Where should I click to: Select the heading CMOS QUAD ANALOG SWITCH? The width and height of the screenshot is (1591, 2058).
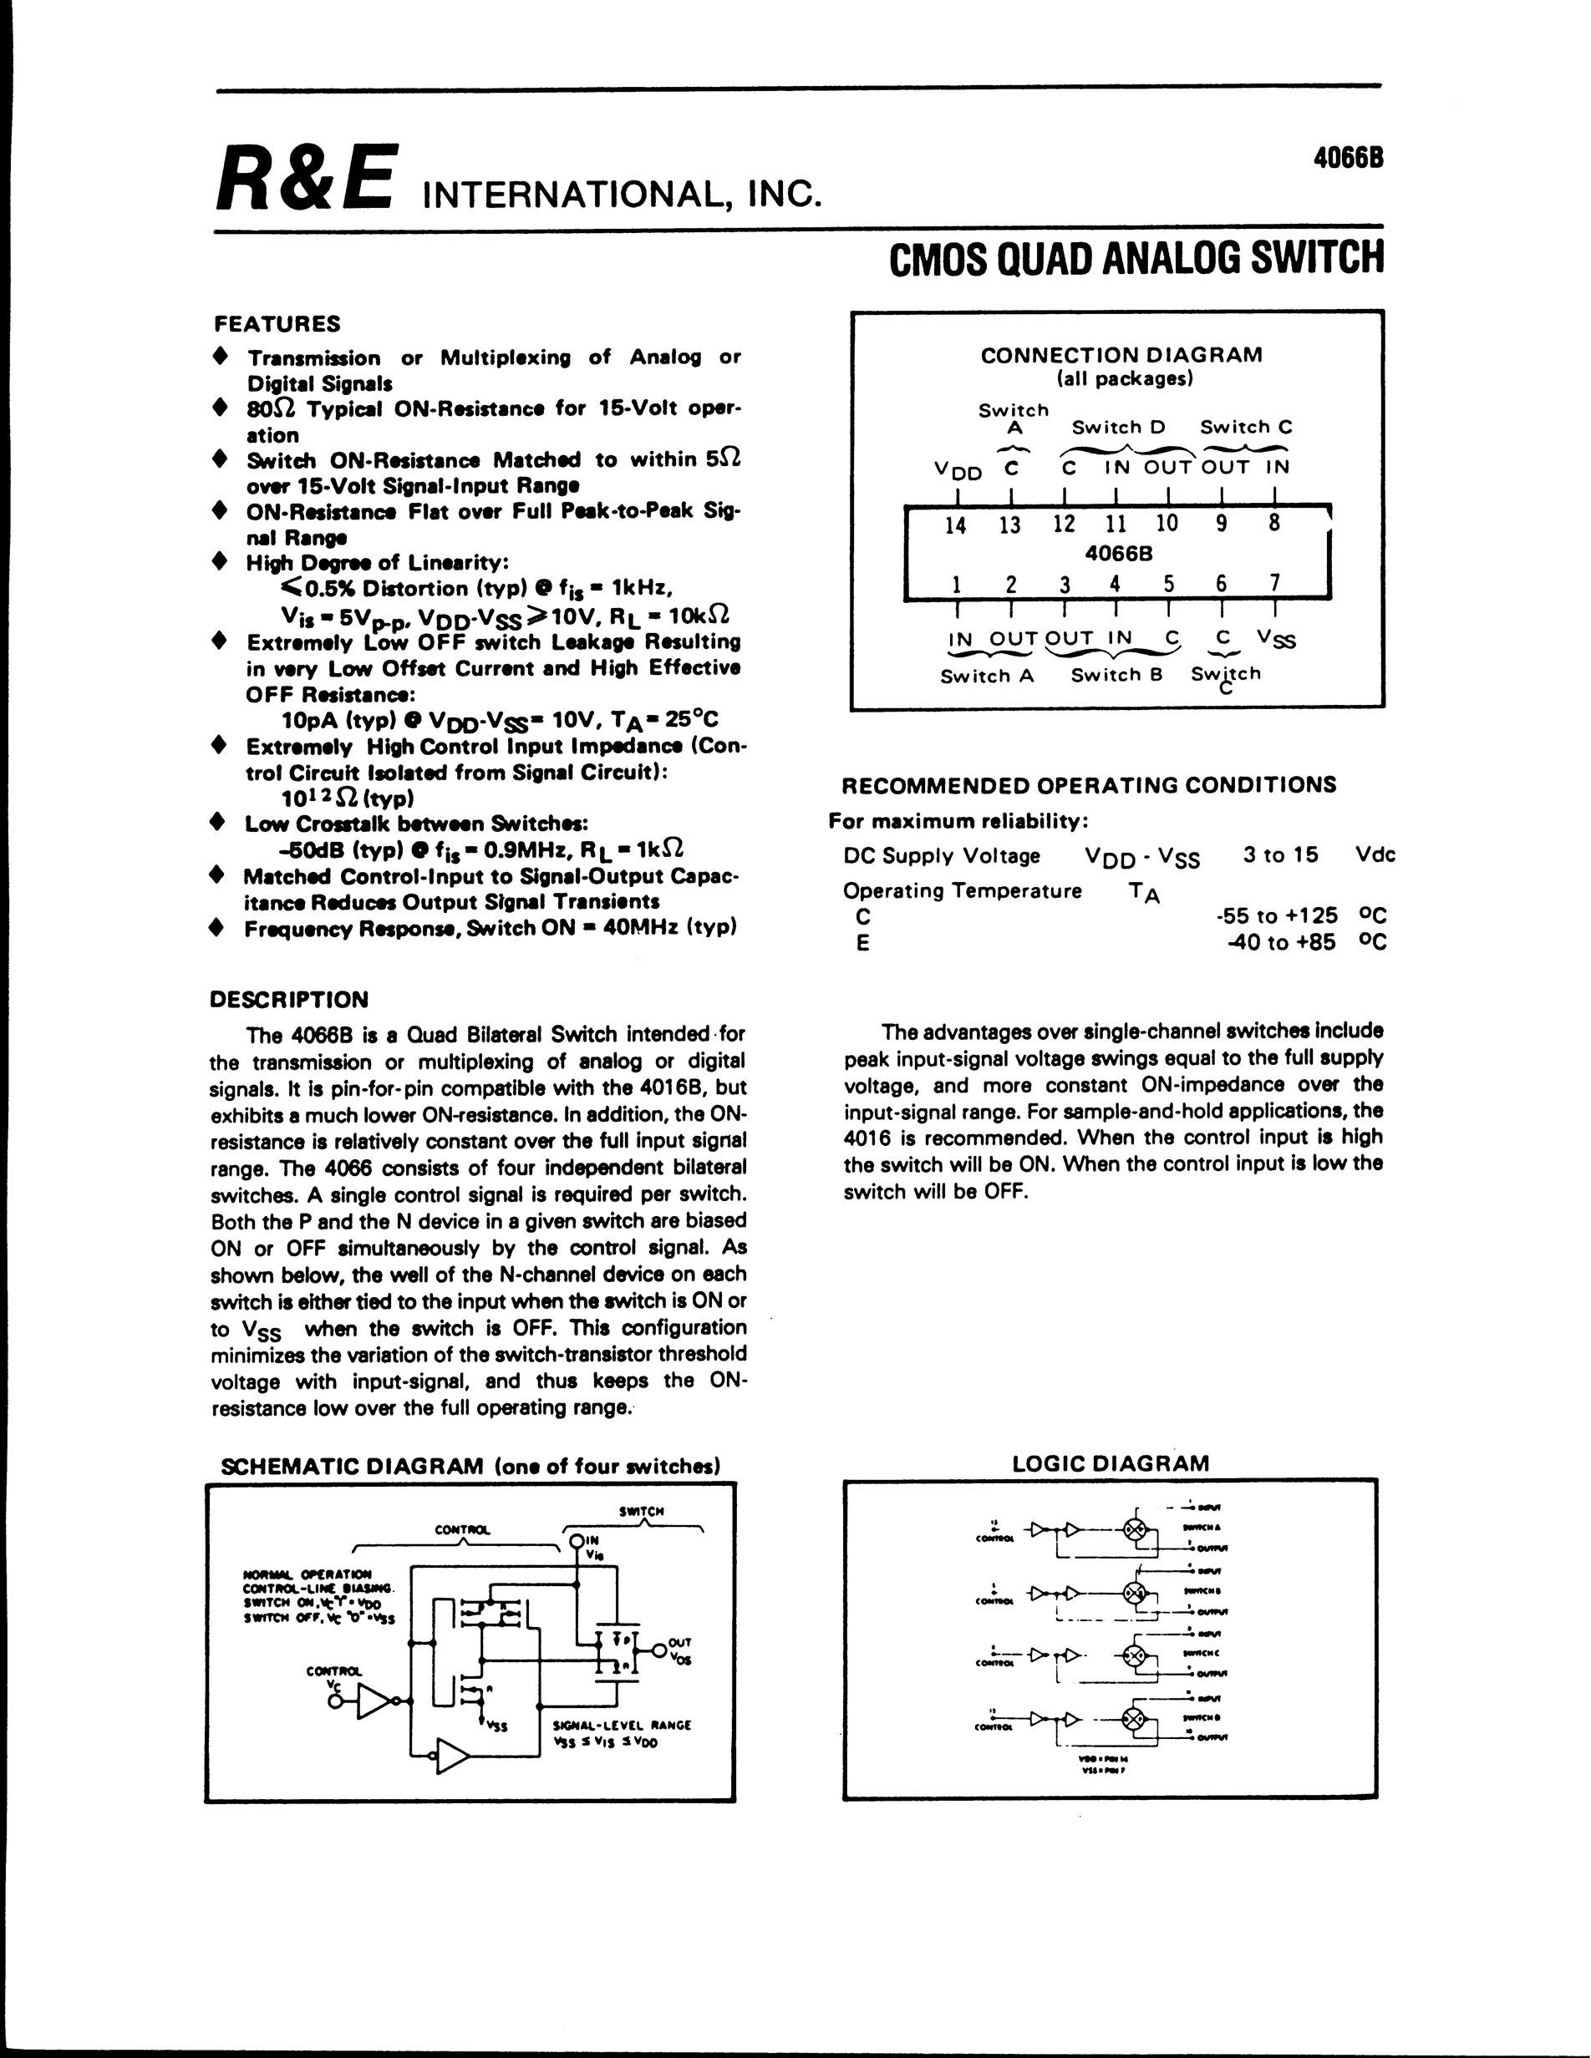[x=1136, y=258]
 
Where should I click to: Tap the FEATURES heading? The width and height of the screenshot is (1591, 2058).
[x=278, y=324]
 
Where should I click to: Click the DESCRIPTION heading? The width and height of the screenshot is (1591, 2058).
[x=288, y=999]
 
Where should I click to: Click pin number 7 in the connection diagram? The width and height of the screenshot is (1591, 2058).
[x=1274, y=583]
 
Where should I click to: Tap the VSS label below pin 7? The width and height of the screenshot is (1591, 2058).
[x=1276, y=640]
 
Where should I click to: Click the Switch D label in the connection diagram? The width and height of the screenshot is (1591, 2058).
[x=1119, y=427]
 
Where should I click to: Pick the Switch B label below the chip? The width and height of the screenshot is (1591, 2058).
[x=1117, y=675]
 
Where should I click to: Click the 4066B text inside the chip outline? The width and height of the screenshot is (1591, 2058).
[x=1119, y=554]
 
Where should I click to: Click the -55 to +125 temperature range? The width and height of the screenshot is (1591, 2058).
[x=1277, y=915]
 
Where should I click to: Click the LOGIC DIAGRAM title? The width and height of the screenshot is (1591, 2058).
[x=1111, y=1463]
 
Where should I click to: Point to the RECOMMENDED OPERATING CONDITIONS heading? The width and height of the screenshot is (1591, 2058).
[x=1089, y=785]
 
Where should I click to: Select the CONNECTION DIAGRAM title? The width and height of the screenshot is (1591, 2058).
[x=1121, y=355]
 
